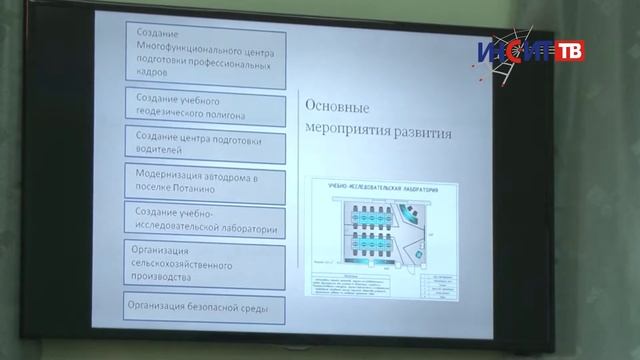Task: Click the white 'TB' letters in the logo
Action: click(569, 50)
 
